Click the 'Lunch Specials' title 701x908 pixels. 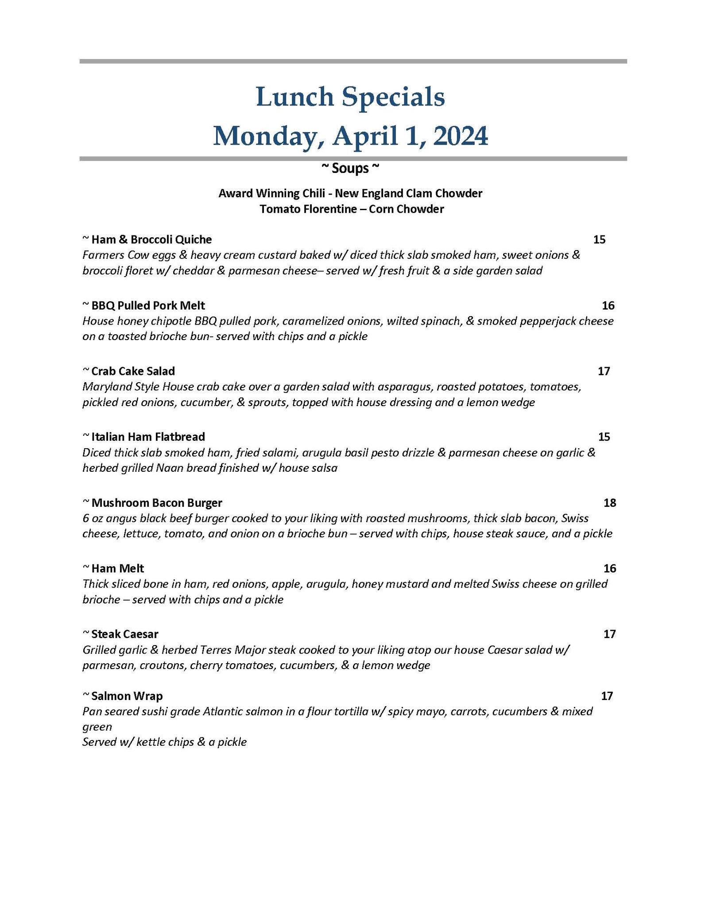pyautogui.click(x=350, y=97)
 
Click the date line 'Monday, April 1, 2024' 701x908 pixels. pyautogui.click(x=350, y=136)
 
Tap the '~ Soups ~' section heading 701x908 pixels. pyautogui.click(x=350, y=168)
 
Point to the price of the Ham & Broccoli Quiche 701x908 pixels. pyautogui.click(x=599, y=240)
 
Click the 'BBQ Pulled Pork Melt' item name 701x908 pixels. pyautogui.click(x=148, y=305)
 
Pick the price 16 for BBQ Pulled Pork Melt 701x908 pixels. pyautogui.click(x=608, y=305)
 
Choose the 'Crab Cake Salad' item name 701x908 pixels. pyautogui.click(x=133, y=371)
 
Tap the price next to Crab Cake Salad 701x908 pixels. pyautogui.click(x=604, y=371)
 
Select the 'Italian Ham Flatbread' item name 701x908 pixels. pyautogui.click(x=148, y=437)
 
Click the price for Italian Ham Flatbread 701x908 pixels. pyautogui.click(x=604, y=437)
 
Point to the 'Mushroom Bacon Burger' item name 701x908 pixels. pyautogui.click(x=156, y=503)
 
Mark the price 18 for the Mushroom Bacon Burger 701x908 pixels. pyautogui.click(x=610, y=503)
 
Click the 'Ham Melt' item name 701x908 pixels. pyautogui.click(x=117, y=568)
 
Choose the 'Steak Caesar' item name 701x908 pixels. pyautogui.click(x=124, y=634)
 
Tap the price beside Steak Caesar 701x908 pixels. pyautogui.click(x=609, y=634)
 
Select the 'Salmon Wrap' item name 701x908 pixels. pyautogui.click(x=127, y=696)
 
